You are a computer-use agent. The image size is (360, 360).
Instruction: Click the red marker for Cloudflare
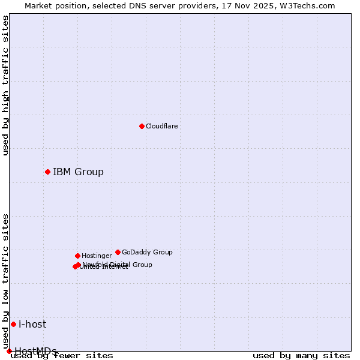point(142,126)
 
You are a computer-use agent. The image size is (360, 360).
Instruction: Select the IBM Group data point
point(47,172)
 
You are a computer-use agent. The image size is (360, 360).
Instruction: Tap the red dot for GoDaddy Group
point(118,252)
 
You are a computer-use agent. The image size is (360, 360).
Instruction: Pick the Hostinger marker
point(77,256)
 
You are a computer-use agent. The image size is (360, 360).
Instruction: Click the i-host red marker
point(13,324)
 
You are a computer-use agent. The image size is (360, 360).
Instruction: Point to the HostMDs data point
point(9,351)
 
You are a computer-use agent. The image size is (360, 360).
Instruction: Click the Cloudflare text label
point(161,126)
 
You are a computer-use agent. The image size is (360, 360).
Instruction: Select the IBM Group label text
point(78,172)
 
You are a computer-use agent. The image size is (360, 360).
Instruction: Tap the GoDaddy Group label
point(147,252)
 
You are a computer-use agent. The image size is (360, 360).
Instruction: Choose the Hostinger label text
point(97,256)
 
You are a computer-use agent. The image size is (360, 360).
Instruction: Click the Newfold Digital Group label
point(118,264)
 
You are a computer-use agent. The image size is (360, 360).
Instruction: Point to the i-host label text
point(32,324)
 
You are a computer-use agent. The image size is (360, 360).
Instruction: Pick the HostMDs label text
point(35,351)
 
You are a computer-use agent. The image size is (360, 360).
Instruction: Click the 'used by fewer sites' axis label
point(62,356)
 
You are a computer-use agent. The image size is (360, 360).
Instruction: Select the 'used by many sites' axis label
point(301,356)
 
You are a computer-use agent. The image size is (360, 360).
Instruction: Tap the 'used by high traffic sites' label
point(6,85)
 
